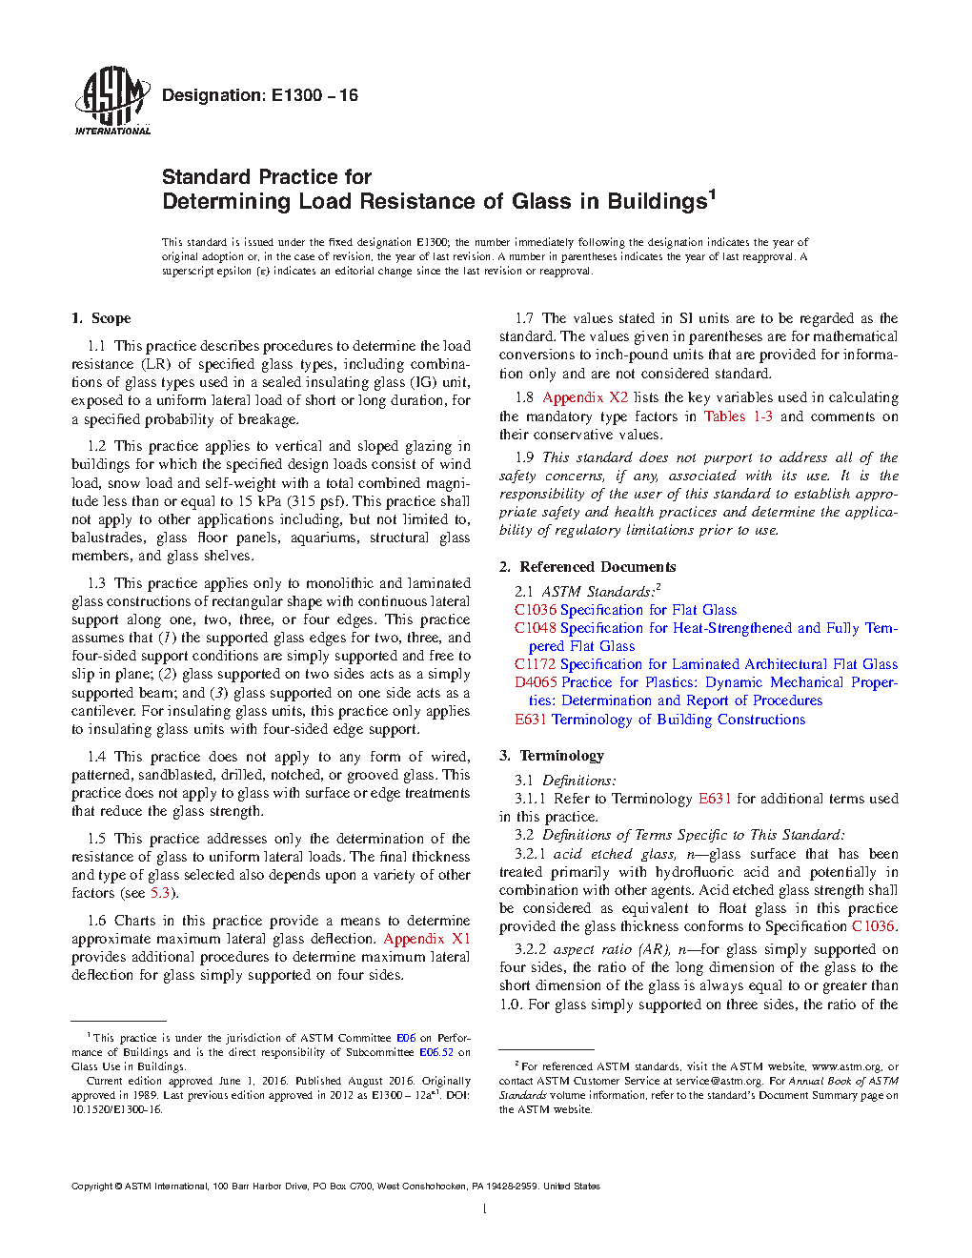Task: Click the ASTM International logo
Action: pyautogui.click(x=111, y=100)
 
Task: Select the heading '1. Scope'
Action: pyautogui.click(x=101, y=318)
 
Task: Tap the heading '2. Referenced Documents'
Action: pyautogui.click(x=587, y=567)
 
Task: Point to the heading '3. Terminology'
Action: pyautogui.click(x=552, y=756)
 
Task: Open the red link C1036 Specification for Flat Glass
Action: pyautogui.click(x=625, y=610)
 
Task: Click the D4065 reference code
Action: pyautogui.click(x=536, y=682)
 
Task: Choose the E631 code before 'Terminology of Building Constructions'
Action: pyautogui.click(x=531, y=720)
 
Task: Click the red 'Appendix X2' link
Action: pyautogui.click(x=585, y=397)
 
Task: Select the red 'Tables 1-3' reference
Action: pyautogui.click(x=739, y=416)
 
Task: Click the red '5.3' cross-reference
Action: pyautogui.click(x=160, y=893)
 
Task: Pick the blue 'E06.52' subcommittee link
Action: pyautogui.click(x=436, y=1052)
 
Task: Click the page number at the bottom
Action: pyautogui.click(x=485, y=1209)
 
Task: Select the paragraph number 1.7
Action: pyautogui.click(x=524, y=318)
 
